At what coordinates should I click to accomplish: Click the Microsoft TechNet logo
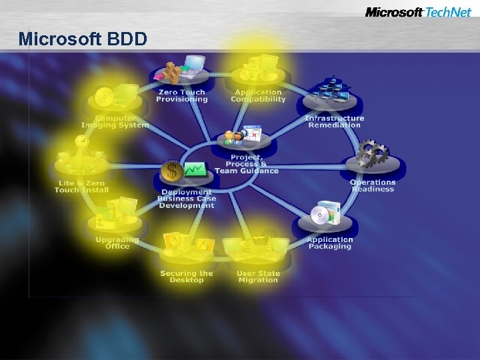(x=418, y=12)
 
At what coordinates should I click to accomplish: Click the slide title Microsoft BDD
(x=83, y=39)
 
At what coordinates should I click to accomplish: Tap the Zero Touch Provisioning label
(x=181, y=95)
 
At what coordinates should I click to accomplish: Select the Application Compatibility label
(x=258, y=95)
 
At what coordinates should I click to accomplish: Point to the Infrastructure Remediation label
(x=335, y=121)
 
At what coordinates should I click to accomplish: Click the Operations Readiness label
(x=373, y=185)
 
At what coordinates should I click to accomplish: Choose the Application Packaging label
(x=329, y=243)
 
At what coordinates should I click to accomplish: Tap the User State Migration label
(x=258, y=276)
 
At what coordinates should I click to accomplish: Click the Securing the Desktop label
(x=186, y=276)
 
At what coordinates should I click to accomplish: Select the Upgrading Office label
(x=117, y=243)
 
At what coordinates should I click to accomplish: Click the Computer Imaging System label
(x=114, y=121)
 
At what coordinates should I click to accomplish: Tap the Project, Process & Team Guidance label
(x=247, y=163)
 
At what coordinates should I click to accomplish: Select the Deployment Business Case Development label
(x=187, y=199)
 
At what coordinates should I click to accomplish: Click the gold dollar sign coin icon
(x=172, y=171)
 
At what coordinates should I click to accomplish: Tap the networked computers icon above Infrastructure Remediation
(x=329, y=91)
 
